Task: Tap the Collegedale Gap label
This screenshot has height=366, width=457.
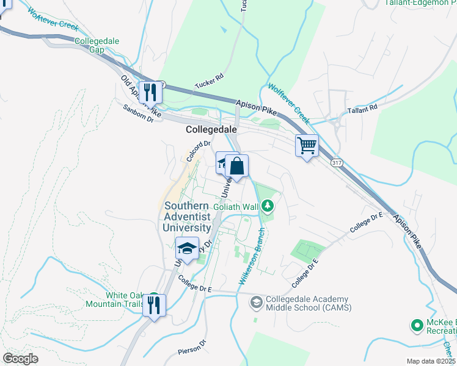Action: tap(97, 46)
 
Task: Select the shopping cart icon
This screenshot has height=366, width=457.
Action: tap(307, 146)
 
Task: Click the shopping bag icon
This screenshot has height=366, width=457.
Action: tap(236, 165)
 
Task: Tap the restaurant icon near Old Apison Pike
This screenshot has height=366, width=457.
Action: tap(150, 92)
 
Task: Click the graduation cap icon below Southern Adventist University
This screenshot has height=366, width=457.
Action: tap(188, 248)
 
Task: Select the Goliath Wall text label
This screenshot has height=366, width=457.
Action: tap(236, 207)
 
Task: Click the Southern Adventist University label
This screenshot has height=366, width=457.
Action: tap(187, 217)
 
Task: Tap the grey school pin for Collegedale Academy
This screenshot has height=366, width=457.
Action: tap(256, 302)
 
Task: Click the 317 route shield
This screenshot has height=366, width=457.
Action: tap(337, 163)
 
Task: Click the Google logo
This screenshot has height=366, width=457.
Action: tap(21, 359)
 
